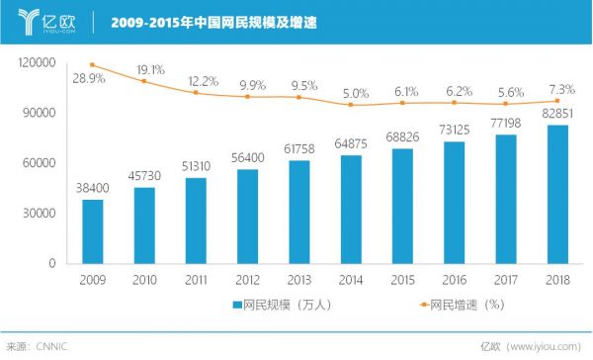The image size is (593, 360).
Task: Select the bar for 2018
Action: tap(557, 194)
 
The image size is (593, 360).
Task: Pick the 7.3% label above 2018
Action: tap(558, 88)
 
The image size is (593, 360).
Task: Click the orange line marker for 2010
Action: tap(144, 81)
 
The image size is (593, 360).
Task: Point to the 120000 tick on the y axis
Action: tap(37, 62)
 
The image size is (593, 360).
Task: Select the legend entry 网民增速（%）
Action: tap(432, 305)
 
